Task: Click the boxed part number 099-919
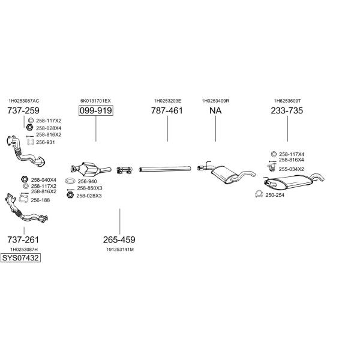click(96, 111)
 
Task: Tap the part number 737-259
click(23, 111)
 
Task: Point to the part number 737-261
click(23, 240)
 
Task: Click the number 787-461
click(167, 111)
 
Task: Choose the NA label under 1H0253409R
click(215, 111)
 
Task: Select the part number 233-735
click(287, 111)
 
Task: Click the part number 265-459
click(119, 240)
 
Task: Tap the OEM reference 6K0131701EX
click(95, 101)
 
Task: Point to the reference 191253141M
click(119, 249)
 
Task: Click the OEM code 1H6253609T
click(287, 101)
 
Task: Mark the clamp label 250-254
click(275, 194)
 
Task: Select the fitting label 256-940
click(87, 181)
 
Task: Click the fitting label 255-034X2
click(291, 169)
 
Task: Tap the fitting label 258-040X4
click(43, 180)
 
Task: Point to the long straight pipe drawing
click(166, 170)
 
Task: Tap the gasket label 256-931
click(45, 142)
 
